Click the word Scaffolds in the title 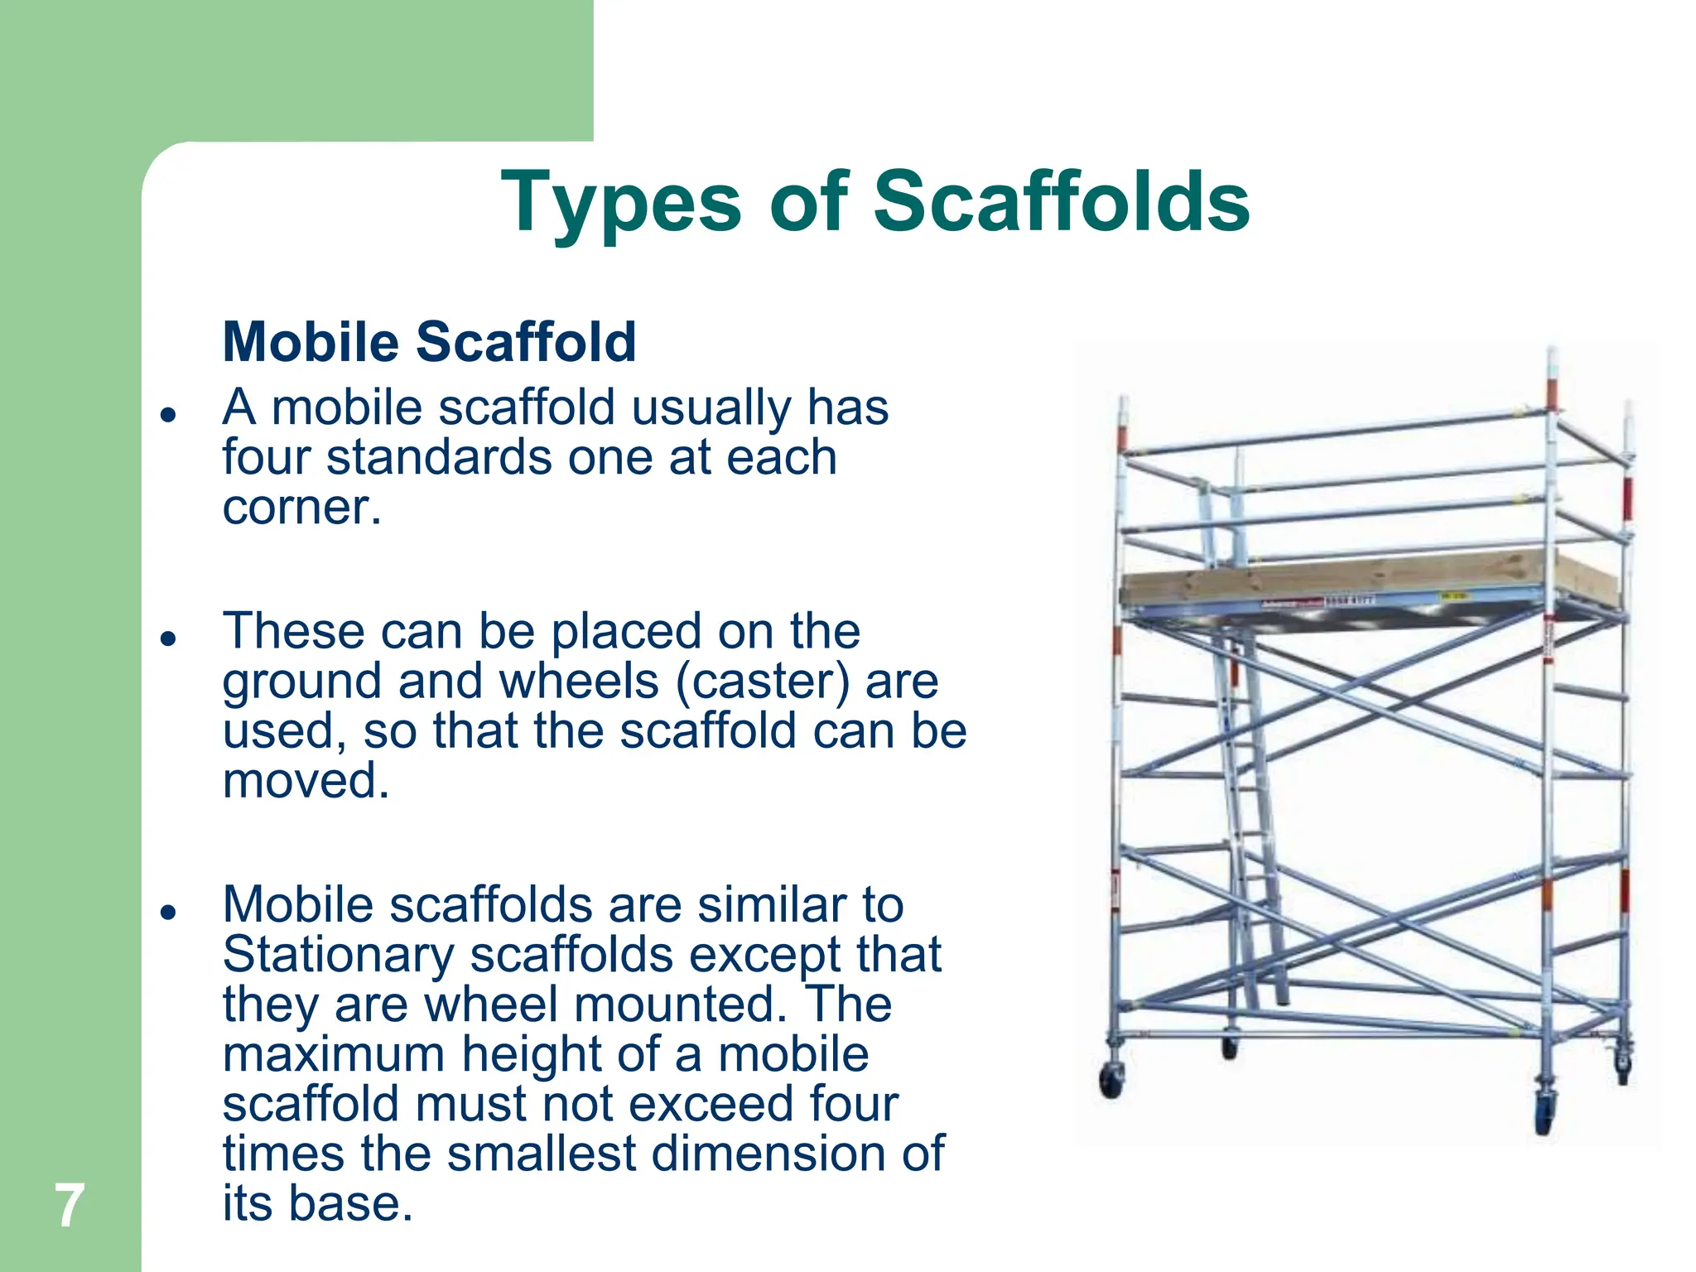pos(1061,201)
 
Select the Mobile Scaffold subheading pos(429,341)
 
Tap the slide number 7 pos(70,1206)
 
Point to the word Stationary pos(338,955)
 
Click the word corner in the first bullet pos(296,507)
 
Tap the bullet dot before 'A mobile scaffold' pos(169,414)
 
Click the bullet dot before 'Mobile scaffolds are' pos(169,912)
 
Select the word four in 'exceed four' pos(854,1104)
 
